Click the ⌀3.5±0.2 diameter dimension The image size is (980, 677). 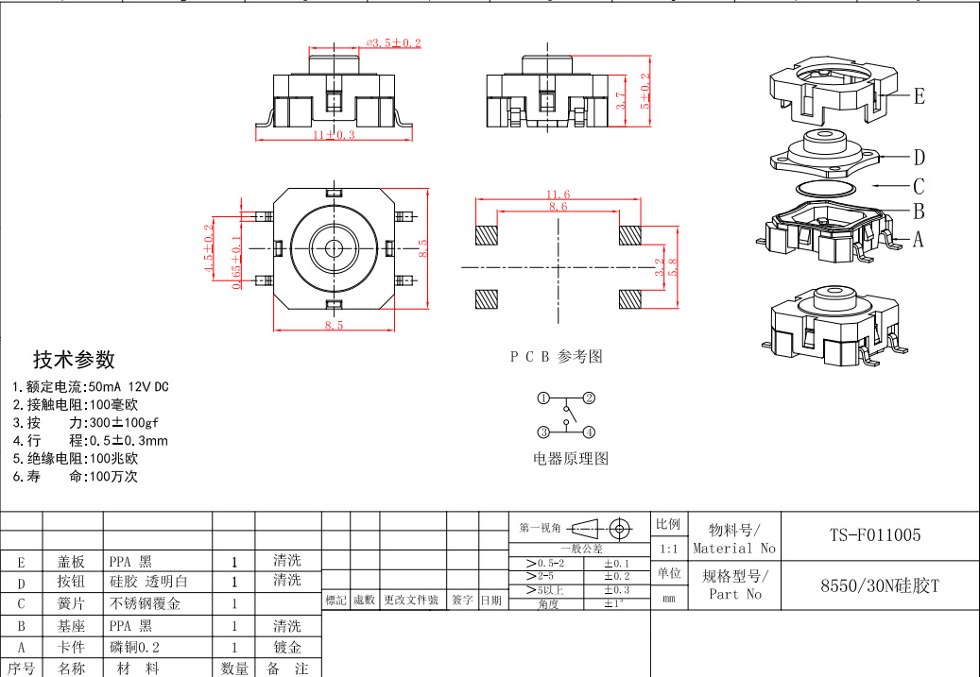point(393,43)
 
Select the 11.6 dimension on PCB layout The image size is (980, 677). point(558,195)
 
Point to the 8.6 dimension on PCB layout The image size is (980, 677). point(558,207)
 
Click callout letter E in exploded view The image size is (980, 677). point(919,96)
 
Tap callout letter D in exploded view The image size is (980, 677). point(919,158)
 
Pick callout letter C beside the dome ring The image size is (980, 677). point(919,186)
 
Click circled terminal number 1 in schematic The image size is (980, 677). point(543,398)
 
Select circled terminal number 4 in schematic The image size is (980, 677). point(589,432)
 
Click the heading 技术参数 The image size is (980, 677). point(74,360)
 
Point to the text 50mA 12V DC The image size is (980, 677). point(128,387)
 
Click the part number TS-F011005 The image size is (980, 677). point(874,535)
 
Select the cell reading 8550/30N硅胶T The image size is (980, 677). point(879,585)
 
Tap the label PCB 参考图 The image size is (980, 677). point(556,357)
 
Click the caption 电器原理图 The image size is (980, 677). point(571,459)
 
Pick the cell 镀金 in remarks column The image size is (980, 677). point(287,648)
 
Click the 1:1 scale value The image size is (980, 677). point(668,549)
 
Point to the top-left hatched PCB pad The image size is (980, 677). point(485,234)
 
